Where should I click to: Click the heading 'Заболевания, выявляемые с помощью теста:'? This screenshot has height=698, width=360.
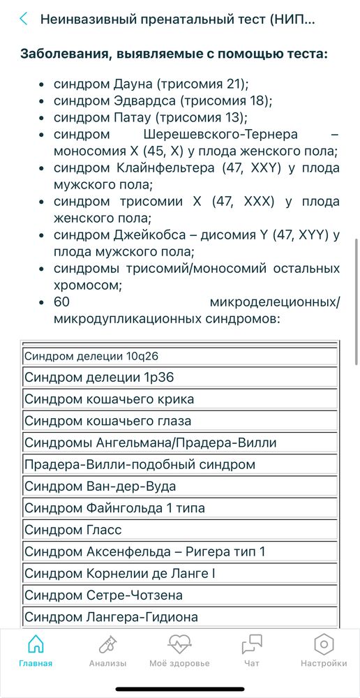(x=174, y=54)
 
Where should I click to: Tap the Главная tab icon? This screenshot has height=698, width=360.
(x=36, y=644)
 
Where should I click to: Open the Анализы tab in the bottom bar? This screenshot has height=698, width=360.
(x=107, y=644)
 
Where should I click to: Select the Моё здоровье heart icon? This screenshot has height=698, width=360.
(x=179, y=644)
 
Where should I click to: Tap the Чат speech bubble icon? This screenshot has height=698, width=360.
(x=252, y=644)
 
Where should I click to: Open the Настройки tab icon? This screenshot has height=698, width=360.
(x=323, y=644)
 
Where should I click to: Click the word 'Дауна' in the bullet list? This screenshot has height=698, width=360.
(x=133, y=85)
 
